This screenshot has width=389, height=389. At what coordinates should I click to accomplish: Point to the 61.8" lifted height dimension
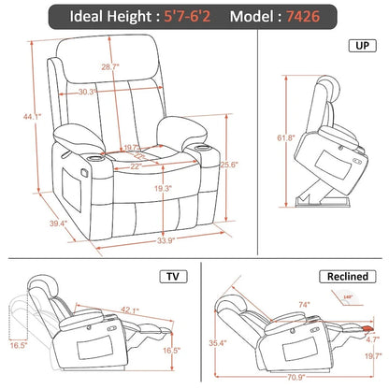pos(267,138)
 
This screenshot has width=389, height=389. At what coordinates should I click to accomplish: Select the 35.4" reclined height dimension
pos(218,343)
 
